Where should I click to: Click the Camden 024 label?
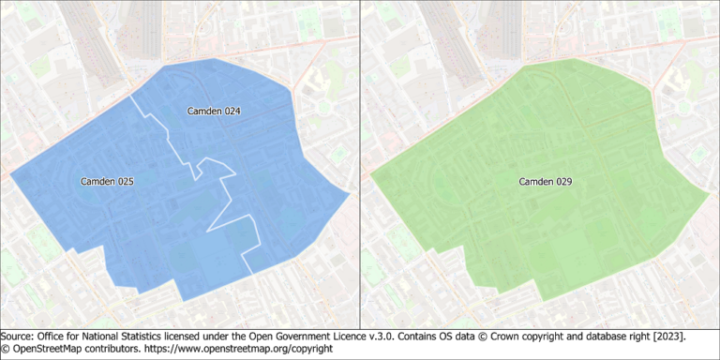click(x=214, y=112)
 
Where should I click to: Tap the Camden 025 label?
click(x=106, y=181)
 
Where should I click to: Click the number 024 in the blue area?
click(x=230, y=112)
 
